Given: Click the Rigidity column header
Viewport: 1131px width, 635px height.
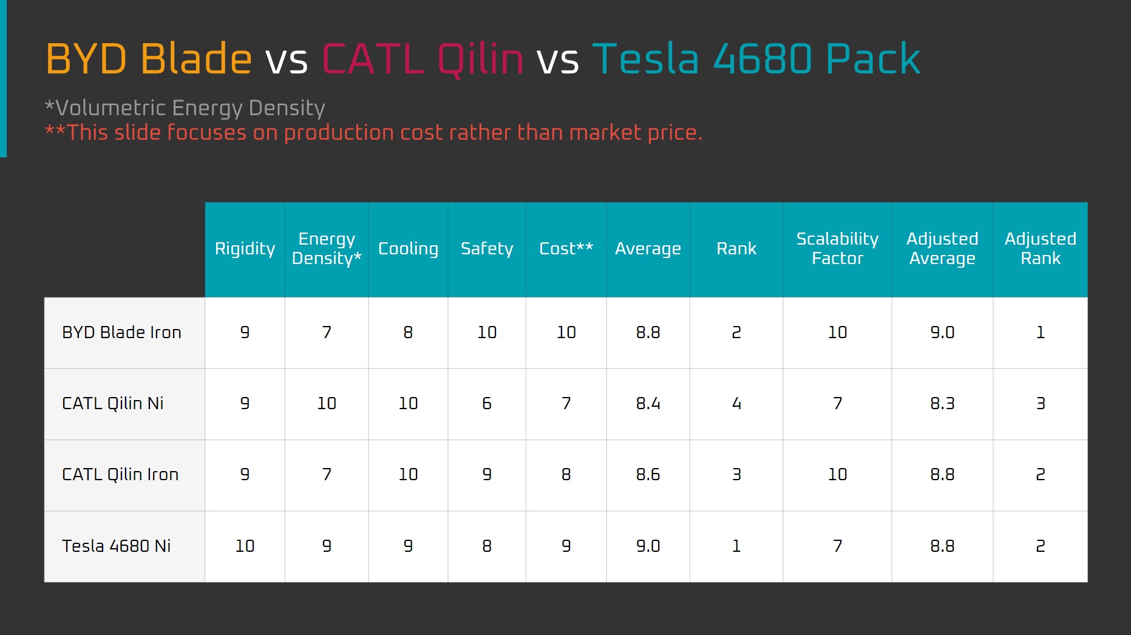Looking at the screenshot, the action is (x=245, y=249).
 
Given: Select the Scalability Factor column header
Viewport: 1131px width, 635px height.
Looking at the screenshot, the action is (x=837, y=248).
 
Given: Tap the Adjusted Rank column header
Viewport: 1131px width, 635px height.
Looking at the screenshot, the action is (x=1041, y=248).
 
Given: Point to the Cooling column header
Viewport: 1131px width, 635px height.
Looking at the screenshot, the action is (x=408, y=249).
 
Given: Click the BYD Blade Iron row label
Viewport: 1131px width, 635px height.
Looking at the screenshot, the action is (x=121, y=333).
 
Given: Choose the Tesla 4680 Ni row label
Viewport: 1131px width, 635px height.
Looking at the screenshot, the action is (x=116, y=546).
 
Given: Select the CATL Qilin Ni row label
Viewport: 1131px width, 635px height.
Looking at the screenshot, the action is (x=113, y=404).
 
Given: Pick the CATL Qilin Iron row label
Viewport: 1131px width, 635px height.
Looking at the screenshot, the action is (x=120, y=475).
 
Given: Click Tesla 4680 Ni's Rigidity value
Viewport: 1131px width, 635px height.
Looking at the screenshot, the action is (x=245, y=546).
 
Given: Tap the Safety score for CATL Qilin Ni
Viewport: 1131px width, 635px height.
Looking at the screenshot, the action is (x=487, y=404).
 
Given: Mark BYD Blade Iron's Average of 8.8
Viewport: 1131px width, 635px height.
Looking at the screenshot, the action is (x=648, y=333).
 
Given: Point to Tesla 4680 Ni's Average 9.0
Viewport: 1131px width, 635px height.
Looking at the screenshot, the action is (x=648, y=546).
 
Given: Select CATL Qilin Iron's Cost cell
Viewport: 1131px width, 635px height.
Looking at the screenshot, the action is (x=566, y=475).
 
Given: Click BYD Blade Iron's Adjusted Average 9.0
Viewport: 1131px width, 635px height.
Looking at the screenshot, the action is (x=942, y=333).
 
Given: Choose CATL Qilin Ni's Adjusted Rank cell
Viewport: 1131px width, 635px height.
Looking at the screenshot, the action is (x=1041, y=404).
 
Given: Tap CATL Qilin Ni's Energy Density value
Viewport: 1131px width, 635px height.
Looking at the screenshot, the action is (x=327, y=404).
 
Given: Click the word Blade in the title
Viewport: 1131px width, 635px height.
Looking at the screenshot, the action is (x=196, y=59).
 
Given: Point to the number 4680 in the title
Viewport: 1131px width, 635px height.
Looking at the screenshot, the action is (x=762, y=59).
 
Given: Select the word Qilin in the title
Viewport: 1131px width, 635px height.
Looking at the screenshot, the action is (x=480, y=60).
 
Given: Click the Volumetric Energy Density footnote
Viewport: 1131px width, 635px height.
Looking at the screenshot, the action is (x=185, y=108).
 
